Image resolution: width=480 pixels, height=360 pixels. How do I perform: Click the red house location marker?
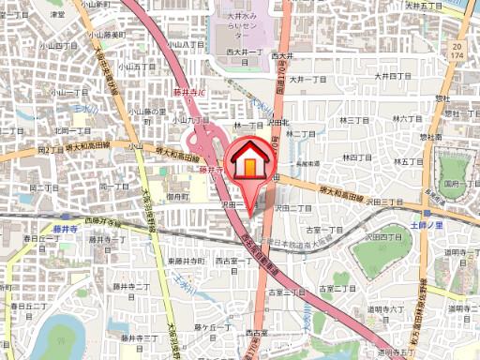point(249,161)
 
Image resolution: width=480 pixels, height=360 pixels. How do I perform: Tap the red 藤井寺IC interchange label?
point(190,93)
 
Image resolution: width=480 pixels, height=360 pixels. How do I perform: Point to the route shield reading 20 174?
point(456,51)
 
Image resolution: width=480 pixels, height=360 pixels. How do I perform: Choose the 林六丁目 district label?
point(410,119)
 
